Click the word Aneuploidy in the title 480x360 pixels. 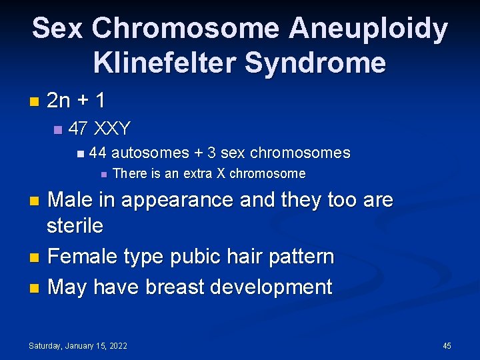coord(368,29)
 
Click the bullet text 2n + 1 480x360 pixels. coord(76,101)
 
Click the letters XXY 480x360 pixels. coord(113,128)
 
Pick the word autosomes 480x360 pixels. coord(150,153)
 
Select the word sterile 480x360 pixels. coord(75,226)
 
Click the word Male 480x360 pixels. coord(71,199)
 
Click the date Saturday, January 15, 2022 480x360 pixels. coord(78,345)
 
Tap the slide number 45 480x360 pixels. coord(447,345)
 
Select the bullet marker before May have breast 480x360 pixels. coord(36,288)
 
